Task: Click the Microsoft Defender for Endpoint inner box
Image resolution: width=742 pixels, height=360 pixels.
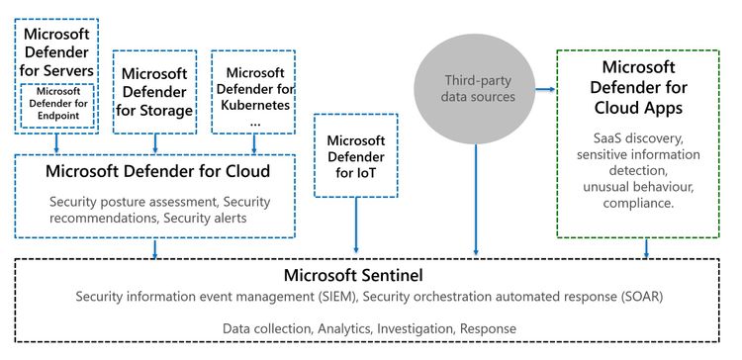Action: tap(58, 106)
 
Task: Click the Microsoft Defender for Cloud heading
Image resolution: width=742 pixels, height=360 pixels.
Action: tap(157, 171)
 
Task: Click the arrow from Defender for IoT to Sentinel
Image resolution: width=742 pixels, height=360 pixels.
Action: tap(355, 227)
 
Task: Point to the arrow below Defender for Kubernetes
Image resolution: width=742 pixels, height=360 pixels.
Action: tap(253, 142)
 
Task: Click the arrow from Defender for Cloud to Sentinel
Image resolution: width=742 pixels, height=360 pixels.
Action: tap(156, 248)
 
